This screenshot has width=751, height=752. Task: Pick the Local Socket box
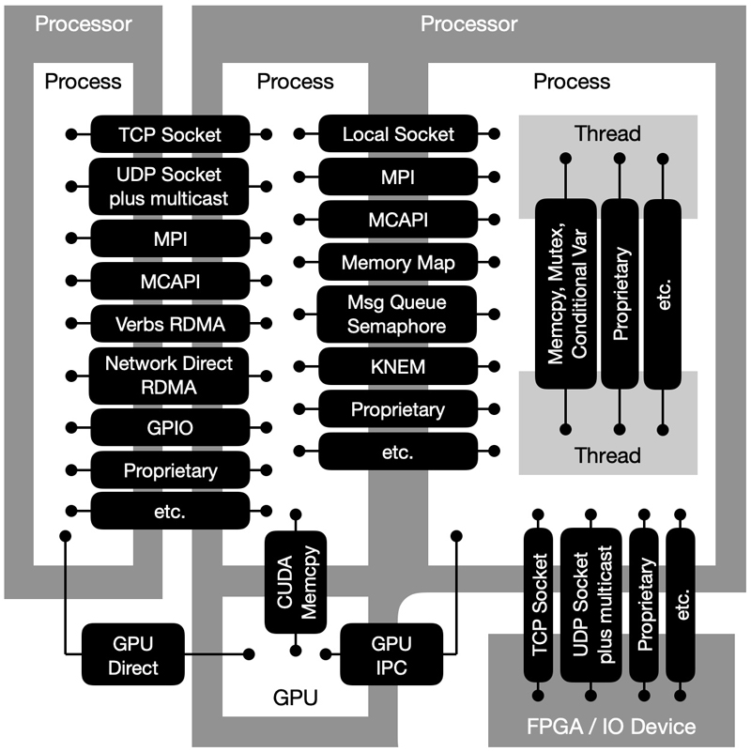tap(398, 134)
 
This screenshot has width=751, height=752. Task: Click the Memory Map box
tap(398, 263)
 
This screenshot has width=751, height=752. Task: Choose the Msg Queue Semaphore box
tap(398, 315)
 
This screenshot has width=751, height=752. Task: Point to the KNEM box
tap(398, 366)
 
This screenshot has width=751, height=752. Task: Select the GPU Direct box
tap(135, 655)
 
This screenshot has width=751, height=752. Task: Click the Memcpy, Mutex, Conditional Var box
tap(565, 293)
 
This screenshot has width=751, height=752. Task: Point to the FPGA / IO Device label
tap(611, 726)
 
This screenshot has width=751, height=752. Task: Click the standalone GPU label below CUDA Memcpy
tap(295, 698)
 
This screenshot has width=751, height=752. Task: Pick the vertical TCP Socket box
tap(540, 605)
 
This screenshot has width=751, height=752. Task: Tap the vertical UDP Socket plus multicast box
tap(591, 605)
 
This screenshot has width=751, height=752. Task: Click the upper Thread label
tap(608, 133)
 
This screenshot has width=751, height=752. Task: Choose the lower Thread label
tap(608, 455)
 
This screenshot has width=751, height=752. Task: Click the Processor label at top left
tap(84, 23)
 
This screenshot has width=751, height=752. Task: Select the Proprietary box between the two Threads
tap(620, 293)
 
